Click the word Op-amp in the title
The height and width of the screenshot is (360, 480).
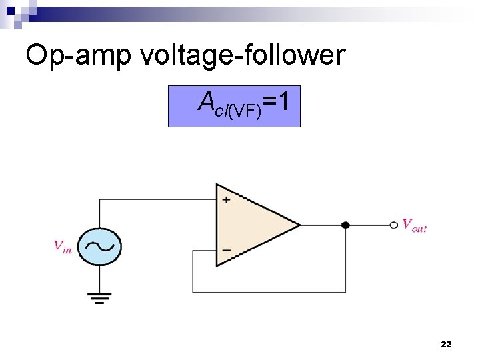coord(79,56)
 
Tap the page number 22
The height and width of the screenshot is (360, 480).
coord(446,344)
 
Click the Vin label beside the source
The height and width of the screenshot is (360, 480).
coord(63,246)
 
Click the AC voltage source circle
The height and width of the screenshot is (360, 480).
coord(99,246)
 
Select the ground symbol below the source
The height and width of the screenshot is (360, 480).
coord(99,297)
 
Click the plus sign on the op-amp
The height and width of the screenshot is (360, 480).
coord(226,199)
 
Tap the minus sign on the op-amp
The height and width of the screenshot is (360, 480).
coord(226,251)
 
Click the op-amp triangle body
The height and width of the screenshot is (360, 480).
coord(250,225)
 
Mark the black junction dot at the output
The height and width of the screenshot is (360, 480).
coord(345,225)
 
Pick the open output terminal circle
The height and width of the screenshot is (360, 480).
coord(394,225)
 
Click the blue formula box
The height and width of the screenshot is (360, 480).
coord(234,106)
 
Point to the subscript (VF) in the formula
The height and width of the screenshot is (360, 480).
coord(244,111)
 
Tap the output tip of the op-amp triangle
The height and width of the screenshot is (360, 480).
coord(299,225)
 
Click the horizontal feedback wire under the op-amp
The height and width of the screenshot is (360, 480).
coord(267,292)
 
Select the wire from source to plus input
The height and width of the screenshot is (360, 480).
coord(157,199)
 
